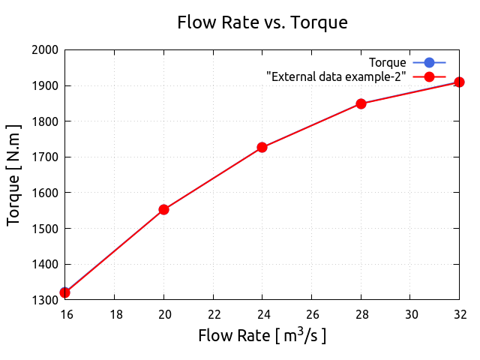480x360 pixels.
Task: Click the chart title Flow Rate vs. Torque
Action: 262,22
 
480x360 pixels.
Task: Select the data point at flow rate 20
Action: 163,209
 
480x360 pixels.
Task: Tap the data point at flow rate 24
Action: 262,147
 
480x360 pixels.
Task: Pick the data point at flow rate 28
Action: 361,103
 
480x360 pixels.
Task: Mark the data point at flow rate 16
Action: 64,292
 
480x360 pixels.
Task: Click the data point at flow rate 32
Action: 459,82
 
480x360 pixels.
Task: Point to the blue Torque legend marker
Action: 429,62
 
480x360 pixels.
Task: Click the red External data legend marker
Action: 429,76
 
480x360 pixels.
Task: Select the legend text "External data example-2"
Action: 336,76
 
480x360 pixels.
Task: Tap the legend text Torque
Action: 388,62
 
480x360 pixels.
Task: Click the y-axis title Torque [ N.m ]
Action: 13,175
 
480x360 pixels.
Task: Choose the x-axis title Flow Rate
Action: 262,335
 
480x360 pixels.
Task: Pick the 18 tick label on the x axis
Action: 114,313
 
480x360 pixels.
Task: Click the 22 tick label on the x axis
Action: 213,313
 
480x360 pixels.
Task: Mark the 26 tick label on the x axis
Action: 311,313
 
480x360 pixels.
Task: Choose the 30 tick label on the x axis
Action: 410,313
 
